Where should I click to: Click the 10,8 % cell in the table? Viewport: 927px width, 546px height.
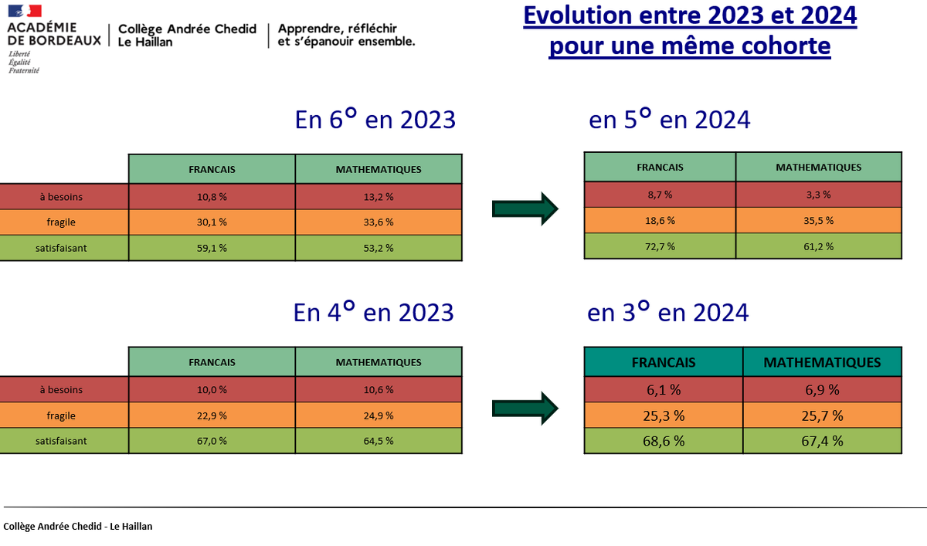coord(212,197)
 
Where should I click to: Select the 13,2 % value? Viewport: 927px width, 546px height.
coord(379,197)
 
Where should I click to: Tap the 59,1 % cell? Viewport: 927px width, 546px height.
coord(212,248)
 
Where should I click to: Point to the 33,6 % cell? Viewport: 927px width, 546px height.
coord(379,222)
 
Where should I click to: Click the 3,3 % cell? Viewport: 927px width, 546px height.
coord(818,195)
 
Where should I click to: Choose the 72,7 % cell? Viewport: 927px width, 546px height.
coord(660,246)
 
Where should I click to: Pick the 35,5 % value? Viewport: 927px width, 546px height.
coord(818,220)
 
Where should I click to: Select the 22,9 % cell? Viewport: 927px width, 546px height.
coord(212,415)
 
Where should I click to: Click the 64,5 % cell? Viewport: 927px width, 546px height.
coord(379,441)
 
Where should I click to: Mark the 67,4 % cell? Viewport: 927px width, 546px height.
coord(822,441)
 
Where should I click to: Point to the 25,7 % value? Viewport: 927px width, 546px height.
coord(822,416)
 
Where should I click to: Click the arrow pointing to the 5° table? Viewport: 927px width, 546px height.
coord(525,207)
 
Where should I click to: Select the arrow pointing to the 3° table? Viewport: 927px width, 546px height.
coord(525,407)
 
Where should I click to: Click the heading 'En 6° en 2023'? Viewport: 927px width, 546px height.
coord(375,120)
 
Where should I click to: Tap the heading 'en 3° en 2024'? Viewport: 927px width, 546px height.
coord(667,312)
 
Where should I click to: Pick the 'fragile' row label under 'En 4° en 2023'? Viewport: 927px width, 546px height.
coord(62,415)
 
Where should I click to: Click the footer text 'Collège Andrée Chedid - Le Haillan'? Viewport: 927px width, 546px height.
coord(78,527)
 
